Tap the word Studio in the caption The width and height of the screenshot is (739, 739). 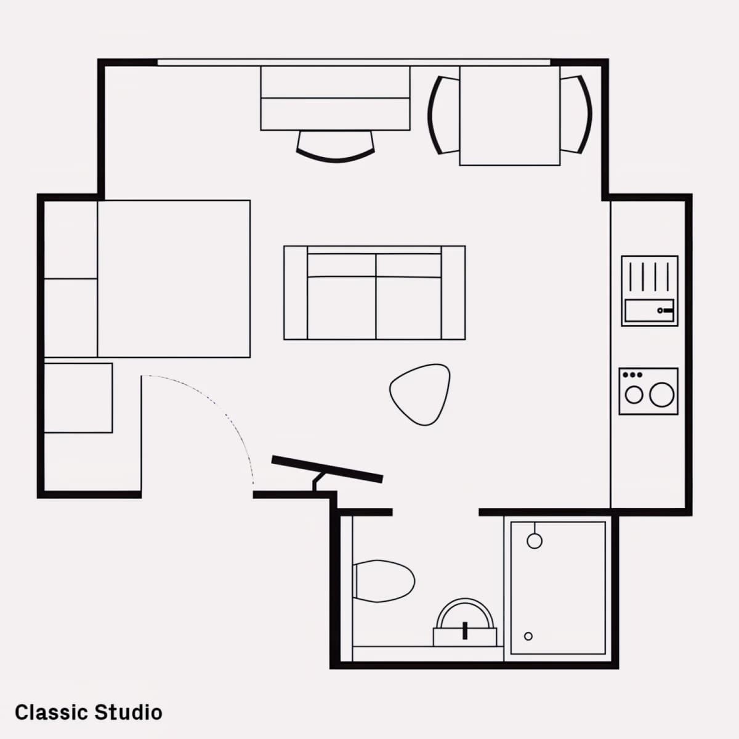click(129, 713)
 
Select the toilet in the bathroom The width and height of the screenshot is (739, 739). click(384, 581)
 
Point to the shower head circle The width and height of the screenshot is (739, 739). click(535, 541)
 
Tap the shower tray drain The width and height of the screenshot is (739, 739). click(528, 636)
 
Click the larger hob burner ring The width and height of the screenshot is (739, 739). click(661, 395)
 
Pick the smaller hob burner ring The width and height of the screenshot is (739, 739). click(634, 395)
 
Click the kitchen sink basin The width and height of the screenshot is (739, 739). click(649, 310)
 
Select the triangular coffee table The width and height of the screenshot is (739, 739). click(421, 394)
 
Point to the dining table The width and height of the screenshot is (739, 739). click(510, 116)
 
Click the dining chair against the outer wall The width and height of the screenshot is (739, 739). click(576, 115)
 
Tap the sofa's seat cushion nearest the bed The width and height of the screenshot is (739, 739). click(341, 307)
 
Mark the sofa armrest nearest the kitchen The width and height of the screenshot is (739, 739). click(453, 293)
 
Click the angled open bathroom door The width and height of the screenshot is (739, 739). click(327, 469)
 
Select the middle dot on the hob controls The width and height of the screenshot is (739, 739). click(632, 374)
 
